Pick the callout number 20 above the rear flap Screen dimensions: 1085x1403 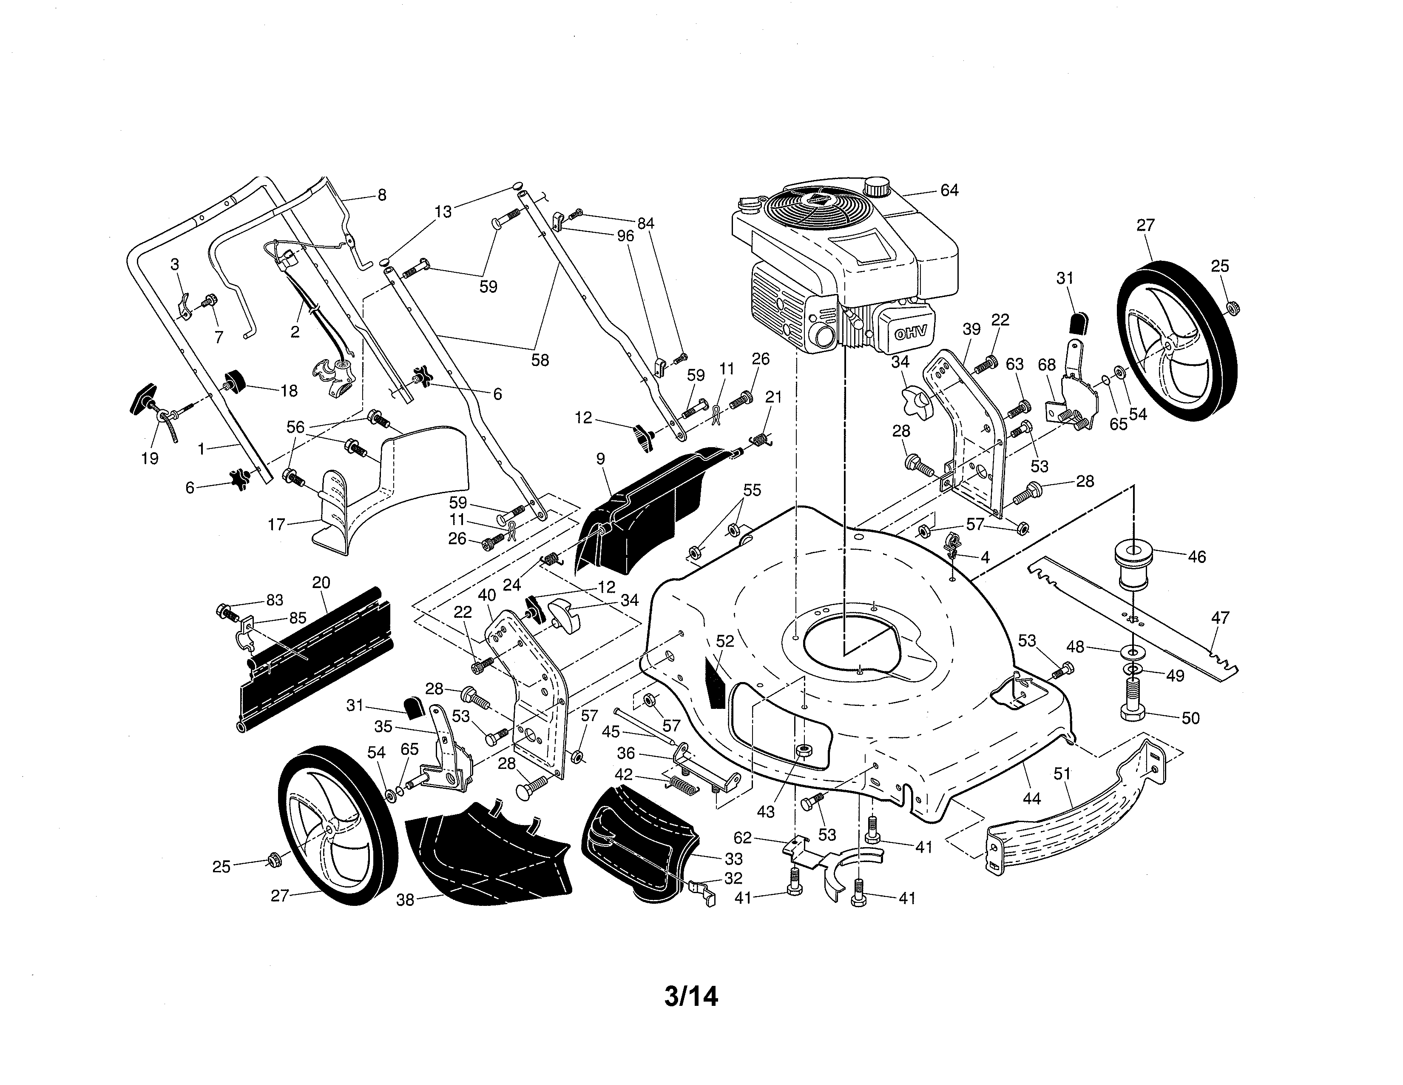tap(321, 582)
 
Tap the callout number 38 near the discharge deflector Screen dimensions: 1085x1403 tap(405, 900)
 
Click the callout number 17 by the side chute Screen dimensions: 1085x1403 tap(276, 525)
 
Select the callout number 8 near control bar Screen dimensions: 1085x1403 tap(382, 195)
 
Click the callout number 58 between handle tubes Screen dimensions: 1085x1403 tap(540, 360)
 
